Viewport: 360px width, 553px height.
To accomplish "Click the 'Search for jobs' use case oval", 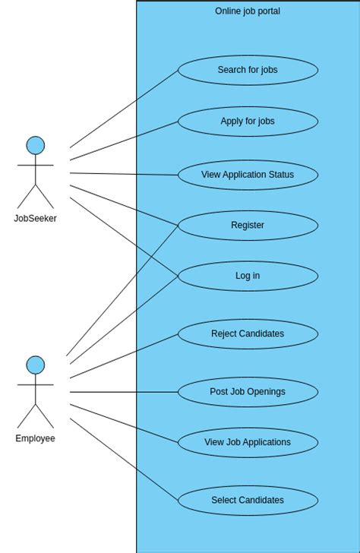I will coord(248,70).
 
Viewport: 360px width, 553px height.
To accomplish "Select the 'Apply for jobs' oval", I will coord(248,122).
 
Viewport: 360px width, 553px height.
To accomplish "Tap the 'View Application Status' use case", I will coord(248,175).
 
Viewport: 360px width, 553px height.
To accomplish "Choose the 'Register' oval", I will coord(248,226).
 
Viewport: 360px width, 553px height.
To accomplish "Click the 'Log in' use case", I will coord(248,276).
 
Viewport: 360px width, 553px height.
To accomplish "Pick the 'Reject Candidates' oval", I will coord(248,333).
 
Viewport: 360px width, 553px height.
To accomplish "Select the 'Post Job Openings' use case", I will coord(248,392).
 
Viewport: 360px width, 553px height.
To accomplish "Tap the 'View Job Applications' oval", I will coord(248,442).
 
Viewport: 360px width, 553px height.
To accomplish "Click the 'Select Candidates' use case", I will coord(248,501).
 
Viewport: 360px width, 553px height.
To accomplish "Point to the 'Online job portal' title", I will coord(248,11).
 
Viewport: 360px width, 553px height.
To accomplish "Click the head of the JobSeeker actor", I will coord(36,145).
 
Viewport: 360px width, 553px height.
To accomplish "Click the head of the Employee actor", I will coord(36,365).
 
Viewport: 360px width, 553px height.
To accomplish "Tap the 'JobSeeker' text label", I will coord(36,219).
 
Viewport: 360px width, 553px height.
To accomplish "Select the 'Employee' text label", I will coord(36,438).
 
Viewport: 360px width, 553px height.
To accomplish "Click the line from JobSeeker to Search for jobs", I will coord(124,109).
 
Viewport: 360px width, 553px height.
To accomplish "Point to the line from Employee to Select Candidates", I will coord(124,459).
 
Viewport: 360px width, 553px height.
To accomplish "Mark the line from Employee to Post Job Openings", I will coord(124,392).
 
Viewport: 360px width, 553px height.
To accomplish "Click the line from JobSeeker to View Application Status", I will coord(124,174).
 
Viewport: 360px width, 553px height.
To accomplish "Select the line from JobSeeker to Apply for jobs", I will coord(124,141).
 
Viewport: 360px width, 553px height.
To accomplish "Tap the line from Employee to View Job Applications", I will coord(124,423).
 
